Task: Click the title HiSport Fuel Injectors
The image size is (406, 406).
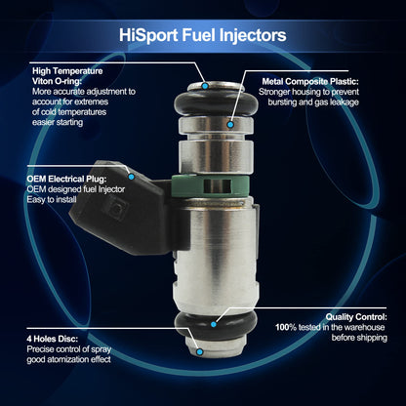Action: pyautogui.click(x=202, y=35)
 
